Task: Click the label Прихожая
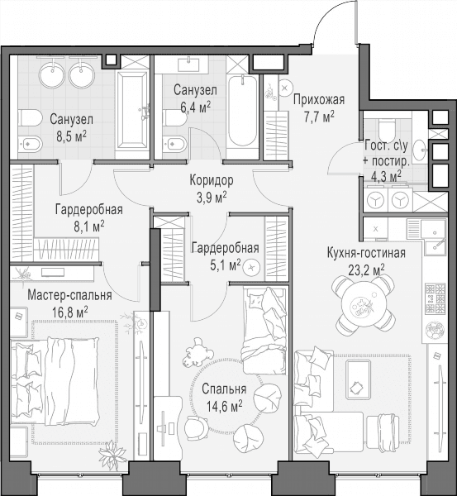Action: [x=318, y=100]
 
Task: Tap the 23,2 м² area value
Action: [x=366, y=270]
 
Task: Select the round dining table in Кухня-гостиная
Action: [x=364, y=305]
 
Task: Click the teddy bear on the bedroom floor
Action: [x=197, y=352]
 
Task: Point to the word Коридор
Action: [x=212, y=180]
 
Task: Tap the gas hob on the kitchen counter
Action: [x=436, y=298]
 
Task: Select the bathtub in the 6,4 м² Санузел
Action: [x=243, y=110]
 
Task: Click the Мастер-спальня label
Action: [x=69, y=295]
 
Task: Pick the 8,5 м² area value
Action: [x=71, y=136]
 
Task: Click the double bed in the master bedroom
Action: [x=55, y=381]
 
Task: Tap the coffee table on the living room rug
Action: [x=358, y=379]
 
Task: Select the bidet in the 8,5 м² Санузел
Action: [x=30, y=145]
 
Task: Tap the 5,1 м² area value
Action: [x=225, y=265]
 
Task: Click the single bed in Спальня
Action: [x=264, y=330]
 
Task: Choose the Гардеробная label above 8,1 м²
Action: [x=89, y=210]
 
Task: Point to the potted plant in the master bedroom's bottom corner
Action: [x=113, y=455]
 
